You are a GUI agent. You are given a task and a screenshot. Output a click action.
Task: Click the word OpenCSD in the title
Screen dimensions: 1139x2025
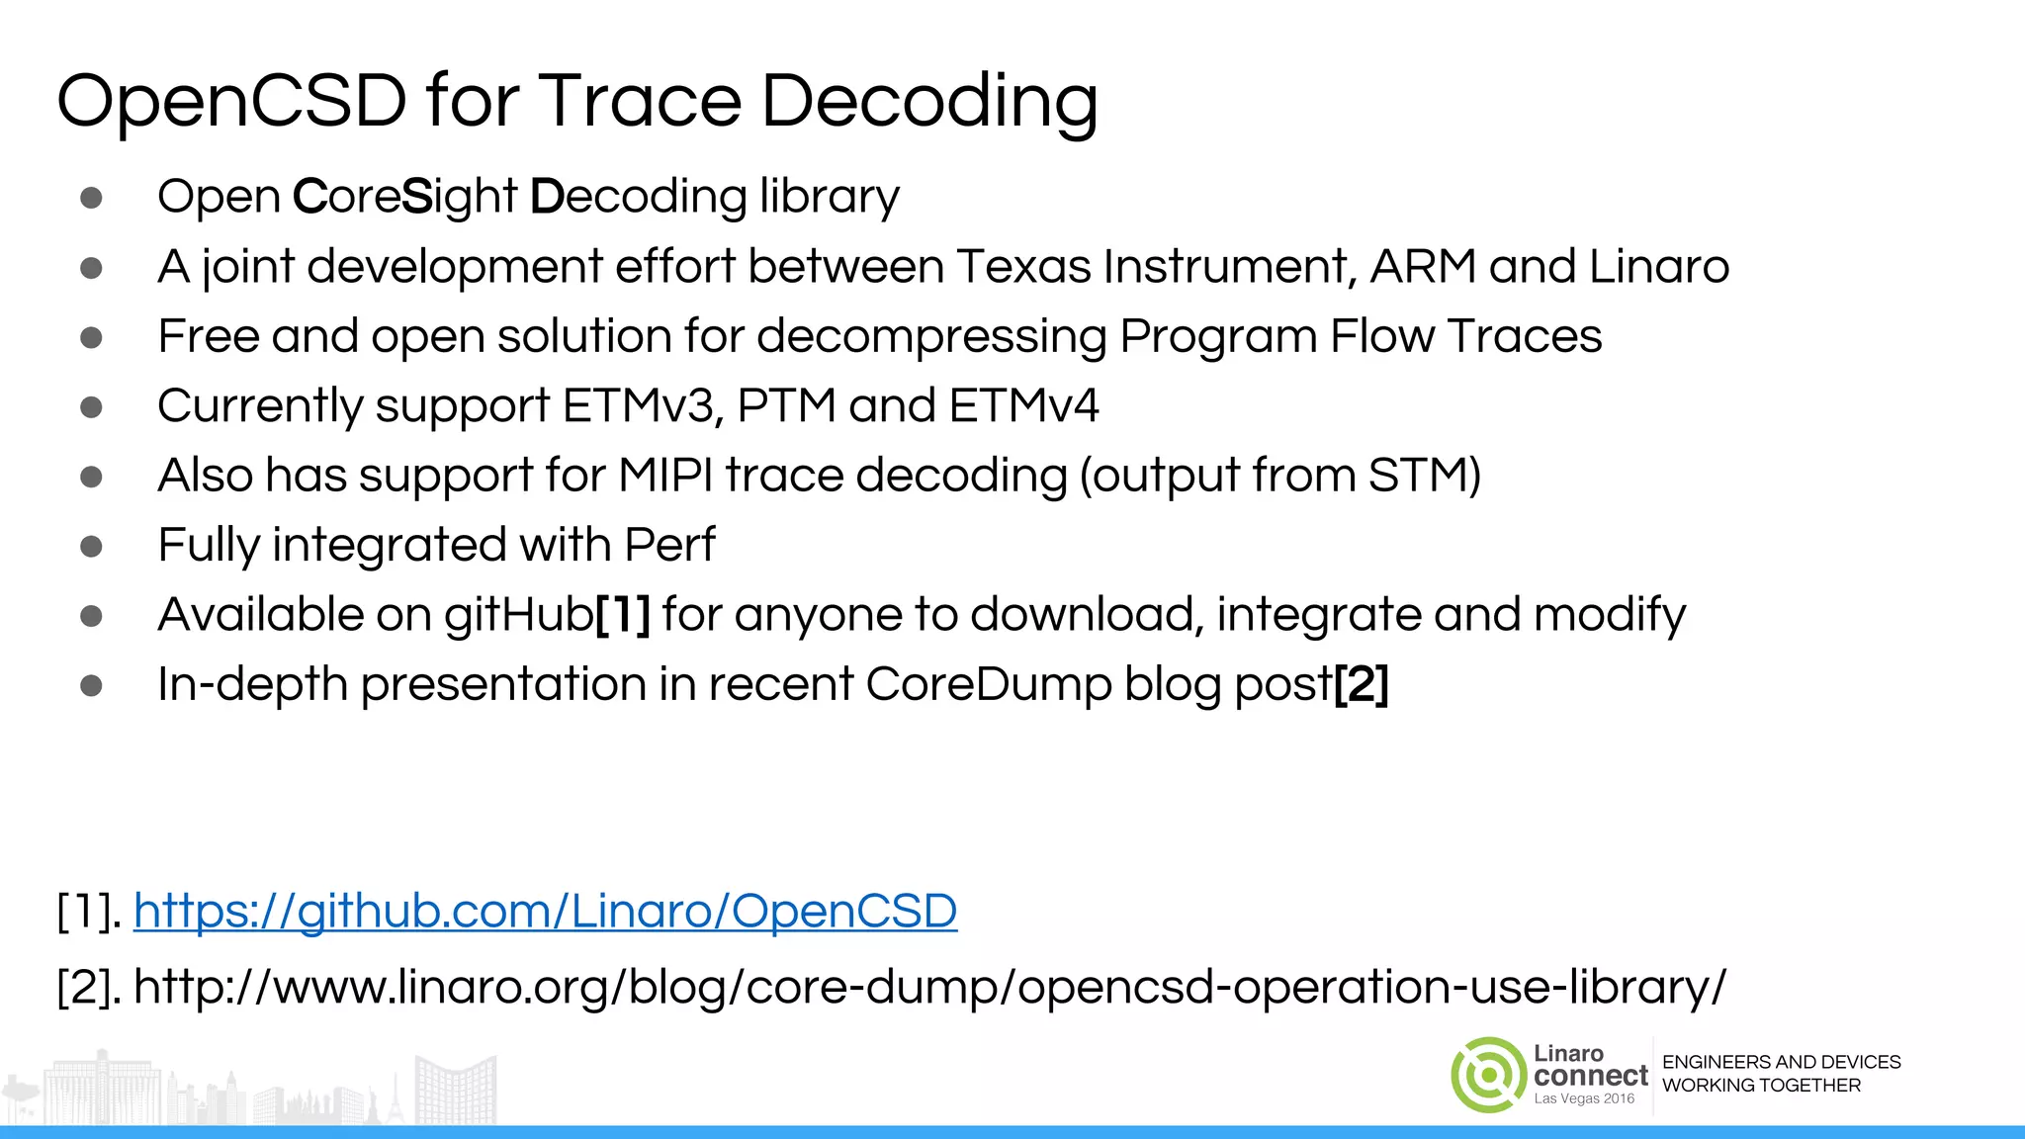[x=231, y=101]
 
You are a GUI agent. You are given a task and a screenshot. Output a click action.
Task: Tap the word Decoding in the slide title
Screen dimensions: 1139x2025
[x=928, y=103]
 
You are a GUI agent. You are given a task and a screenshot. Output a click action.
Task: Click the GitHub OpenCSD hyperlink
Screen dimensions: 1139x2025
[x=545, y=911]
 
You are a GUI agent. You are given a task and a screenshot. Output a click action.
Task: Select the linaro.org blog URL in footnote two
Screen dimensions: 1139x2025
[x=929, y=987]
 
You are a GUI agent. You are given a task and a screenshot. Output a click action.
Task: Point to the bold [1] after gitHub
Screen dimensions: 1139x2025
[x=623, y=614]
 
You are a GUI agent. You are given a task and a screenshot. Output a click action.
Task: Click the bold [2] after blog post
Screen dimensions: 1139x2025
[x=1362, y=684]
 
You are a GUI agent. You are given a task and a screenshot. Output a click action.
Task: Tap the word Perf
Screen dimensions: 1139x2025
[x=669, y=545]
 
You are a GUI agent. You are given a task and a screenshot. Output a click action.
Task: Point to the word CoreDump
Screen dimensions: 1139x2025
[x=988, y=684]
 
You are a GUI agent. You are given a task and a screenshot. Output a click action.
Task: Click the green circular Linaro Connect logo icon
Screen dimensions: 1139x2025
[x=1488, y=1075]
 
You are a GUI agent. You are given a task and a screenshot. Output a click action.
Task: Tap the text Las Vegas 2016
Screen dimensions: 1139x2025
[x=1584, y=1098]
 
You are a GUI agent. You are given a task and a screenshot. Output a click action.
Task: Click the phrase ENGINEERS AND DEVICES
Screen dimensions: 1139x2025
[x=1781, y=1062]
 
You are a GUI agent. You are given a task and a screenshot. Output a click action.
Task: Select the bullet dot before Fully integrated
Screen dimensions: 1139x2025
[x=91, y=546]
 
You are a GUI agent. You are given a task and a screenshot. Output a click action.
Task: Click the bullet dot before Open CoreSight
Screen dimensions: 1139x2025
[x=91, y=198]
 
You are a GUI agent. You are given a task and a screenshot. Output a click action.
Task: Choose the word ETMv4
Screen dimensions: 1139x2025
[x=1023, y=405]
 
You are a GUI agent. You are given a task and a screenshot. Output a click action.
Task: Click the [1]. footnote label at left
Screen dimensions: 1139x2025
[x=89, y=911]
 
